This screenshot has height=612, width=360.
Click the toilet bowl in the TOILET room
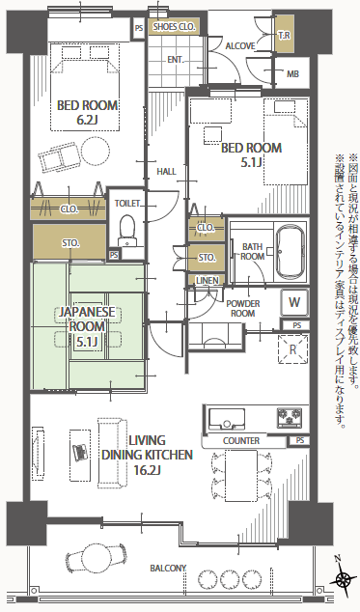(x=126, y=230)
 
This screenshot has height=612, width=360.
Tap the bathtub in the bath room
(x=290, y=252)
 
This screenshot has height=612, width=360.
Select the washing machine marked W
(x=294, y=302)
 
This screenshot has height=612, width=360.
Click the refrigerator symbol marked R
(x=292, y=349)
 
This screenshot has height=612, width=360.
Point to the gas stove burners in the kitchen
(x=290, y=417)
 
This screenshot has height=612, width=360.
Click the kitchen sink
(x=227, y=419)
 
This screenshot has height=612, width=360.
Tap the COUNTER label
(x=241, y=440)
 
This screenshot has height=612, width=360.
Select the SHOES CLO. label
(x=174, y=27)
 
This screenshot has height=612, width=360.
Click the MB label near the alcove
(x=292, y=73)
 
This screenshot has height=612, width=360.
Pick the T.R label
(x=284, y=36)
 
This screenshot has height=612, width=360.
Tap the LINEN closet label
(x=207, y=281)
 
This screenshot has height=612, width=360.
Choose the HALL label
(x=166, y=172)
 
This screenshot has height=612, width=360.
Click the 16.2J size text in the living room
(x=147, y=470)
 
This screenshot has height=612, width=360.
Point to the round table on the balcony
(x=96, y=557)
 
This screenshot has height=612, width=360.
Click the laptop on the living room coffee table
(x=80, y=452)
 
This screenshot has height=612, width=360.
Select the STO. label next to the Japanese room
(x=70, y=243)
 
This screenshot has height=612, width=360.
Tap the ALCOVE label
(x=240, y=46)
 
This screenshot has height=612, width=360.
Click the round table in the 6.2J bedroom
(x=96, y=151)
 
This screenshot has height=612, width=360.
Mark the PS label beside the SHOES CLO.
(x=139, y=28)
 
